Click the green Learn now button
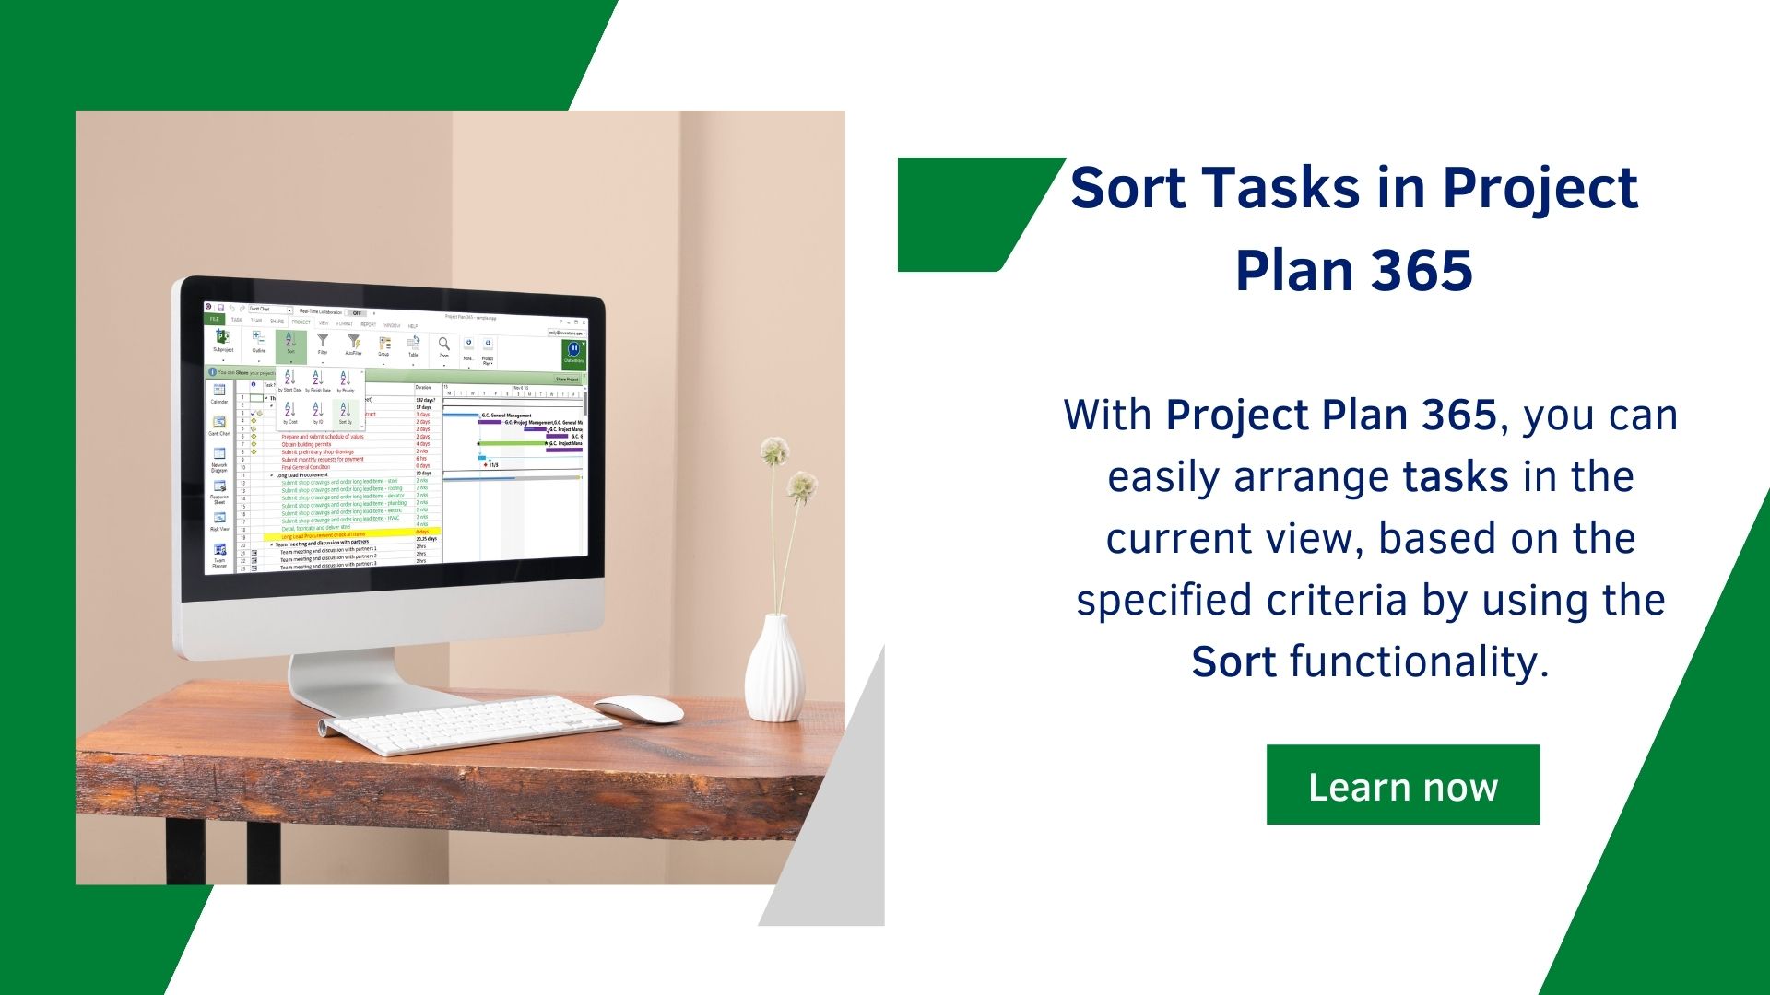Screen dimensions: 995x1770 point(1402,785)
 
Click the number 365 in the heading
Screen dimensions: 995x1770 point(1421,270)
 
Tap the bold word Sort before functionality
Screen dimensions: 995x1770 point(1233,661)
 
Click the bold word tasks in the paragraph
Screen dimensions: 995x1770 point(1455,476)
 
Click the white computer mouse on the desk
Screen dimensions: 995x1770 point(639,708)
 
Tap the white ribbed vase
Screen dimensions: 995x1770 point(774,669)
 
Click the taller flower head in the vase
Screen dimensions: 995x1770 point(774,451)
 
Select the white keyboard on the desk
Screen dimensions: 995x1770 point(475,724)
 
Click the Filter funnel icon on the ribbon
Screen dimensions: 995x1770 point(323,344)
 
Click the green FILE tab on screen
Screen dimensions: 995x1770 point(214,319)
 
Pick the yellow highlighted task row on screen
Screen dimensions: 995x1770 point(350,534)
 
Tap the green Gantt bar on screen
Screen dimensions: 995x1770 point(512,443)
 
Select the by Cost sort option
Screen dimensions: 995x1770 point(289,411)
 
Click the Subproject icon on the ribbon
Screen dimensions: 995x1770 point(223,339)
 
